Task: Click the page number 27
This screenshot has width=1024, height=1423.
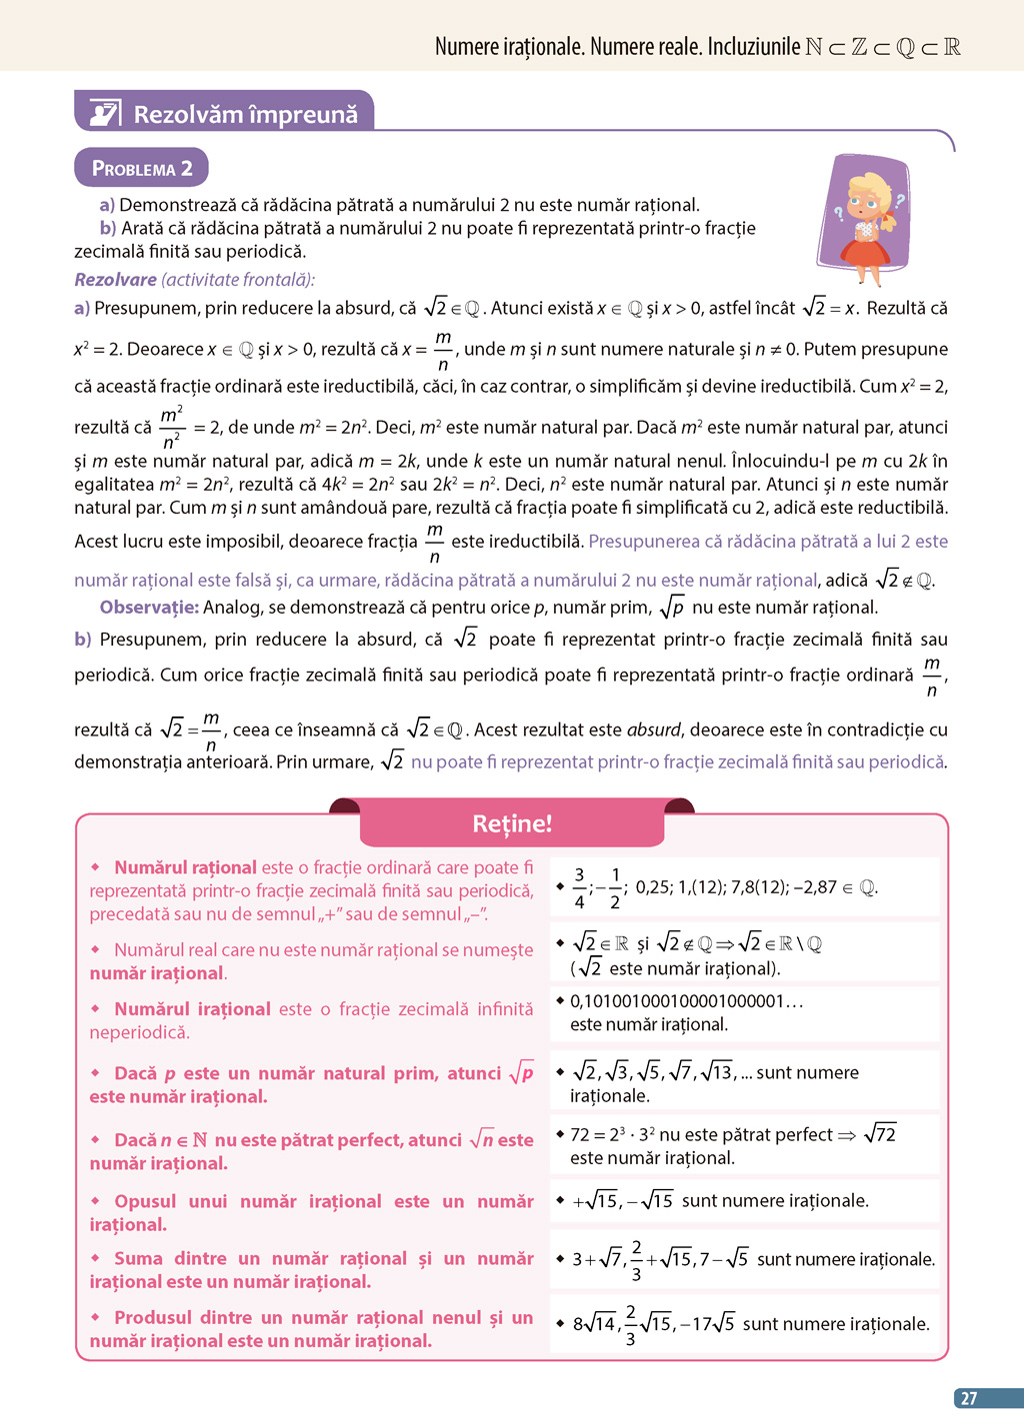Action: pyautogui.click(x=968, y=1398)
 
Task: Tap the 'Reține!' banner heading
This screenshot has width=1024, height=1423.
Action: pyautogui.click(x=512, y=823)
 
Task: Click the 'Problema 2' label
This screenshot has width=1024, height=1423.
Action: pyautogui.click(x=142, y=168)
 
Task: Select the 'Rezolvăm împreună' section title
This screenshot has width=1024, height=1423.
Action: pyautogui.click(x=245, y=115)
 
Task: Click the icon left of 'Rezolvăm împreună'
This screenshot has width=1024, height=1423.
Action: pyautogui.click(x=105, y=114)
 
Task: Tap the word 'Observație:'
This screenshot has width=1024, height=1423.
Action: pyautogui.click(x=149, y=607)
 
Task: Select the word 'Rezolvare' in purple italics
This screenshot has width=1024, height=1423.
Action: pyautogui.click(x=115, y=280)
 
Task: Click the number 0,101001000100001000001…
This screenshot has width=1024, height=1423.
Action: pyautogui.click(x=686, y=1001)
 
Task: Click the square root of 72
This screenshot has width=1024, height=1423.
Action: pyautogui.click(x=880, y=1134)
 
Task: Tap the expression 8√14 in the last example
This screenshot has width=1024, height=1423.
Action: pyautogui.click(x=594, y=1324)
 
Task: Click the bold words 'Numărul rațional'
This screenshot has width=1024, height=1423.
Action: pyautogui.click(x=185, y=867)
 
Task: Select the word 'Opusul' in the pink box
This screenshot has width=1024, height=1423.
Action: pyautogui.click(x=145, y=1201)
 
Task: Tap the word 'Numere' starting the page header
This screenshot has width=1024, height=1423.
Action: pyautogui.click(x=465, y=46)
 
